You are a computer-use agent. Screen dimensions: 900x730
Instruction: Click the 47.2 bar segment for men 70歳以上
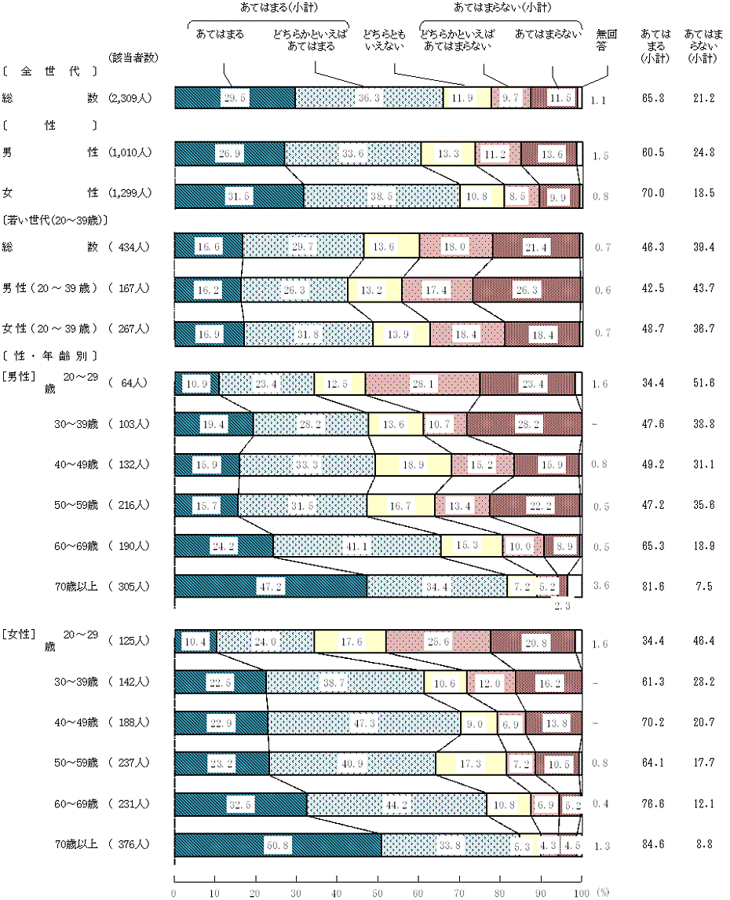[x=270, y=587]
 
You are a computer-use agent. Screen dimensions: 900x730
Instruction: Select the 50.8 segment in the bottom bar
[x=277, y=845]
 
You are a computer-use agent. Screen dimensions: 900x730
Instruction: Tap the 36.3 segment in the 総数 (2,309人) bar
[x=369, y=97]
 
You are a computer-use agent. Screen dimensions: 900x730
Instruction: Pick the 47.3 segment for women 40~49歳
[x=364, y=722]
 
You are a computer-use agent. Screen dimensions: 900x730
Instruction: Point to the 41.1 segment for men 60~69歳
[x=357, y=545]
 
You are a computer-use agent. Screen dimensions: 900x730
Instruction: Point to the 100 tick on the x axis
[x=581, y=893]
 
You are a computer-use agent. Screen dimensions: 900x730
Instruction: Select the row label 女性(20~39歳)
[x=49, y=328]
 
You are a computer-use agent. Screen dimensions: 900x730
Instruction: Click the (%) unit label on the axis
[x=602, y=893]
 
